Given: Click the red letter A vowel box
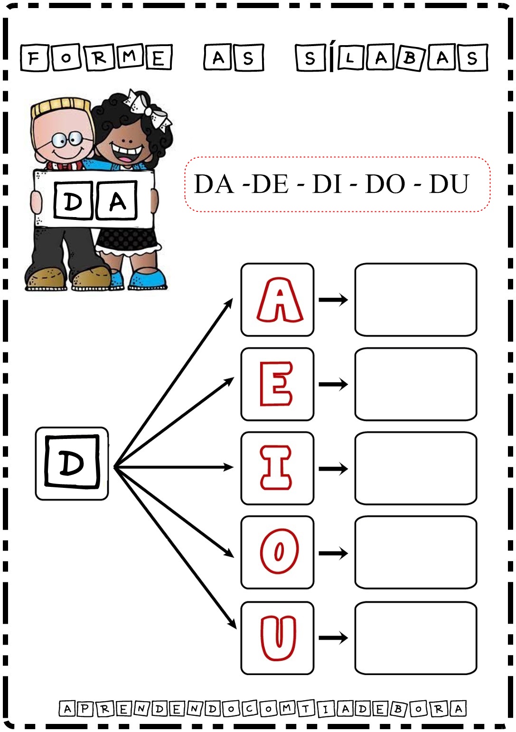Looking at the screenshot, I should (x=278, y=300).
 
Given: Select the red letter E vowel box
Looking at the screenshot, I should (x=278, y=384).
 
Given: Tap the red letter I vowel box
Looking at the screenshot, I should (x=278, y=468).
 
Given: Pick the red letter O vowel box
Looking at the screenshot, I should (x=278, y=552).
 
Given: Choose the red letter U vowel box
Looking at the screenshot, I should (x=278, y=637).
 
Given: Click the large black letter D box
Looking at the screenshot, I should (x=72, y=463).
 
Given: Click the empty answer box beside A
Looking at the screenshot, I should (x=415, y=300).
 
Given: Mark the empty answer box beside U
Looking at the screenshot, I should (x=415, y=637).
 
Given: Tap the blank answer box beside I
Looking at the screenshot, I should (x=415, y=468).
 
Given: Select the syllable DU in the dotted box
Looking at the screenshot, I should (x=449, y=184).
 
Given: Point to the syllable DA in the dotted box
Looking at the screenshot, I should (x=214, y=184).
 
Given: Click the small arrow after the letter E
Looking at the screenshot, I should (x=333, y=384).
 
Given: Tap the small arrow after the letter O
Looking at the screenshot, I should (x=333, y=553).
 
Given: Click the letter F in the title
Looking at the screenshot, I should (x=34, y=58).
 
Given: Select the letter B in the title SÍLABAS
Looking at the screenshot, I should (x=410, y=58).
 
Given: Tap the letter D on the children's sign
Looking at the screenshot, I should (x=73, y=201).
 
